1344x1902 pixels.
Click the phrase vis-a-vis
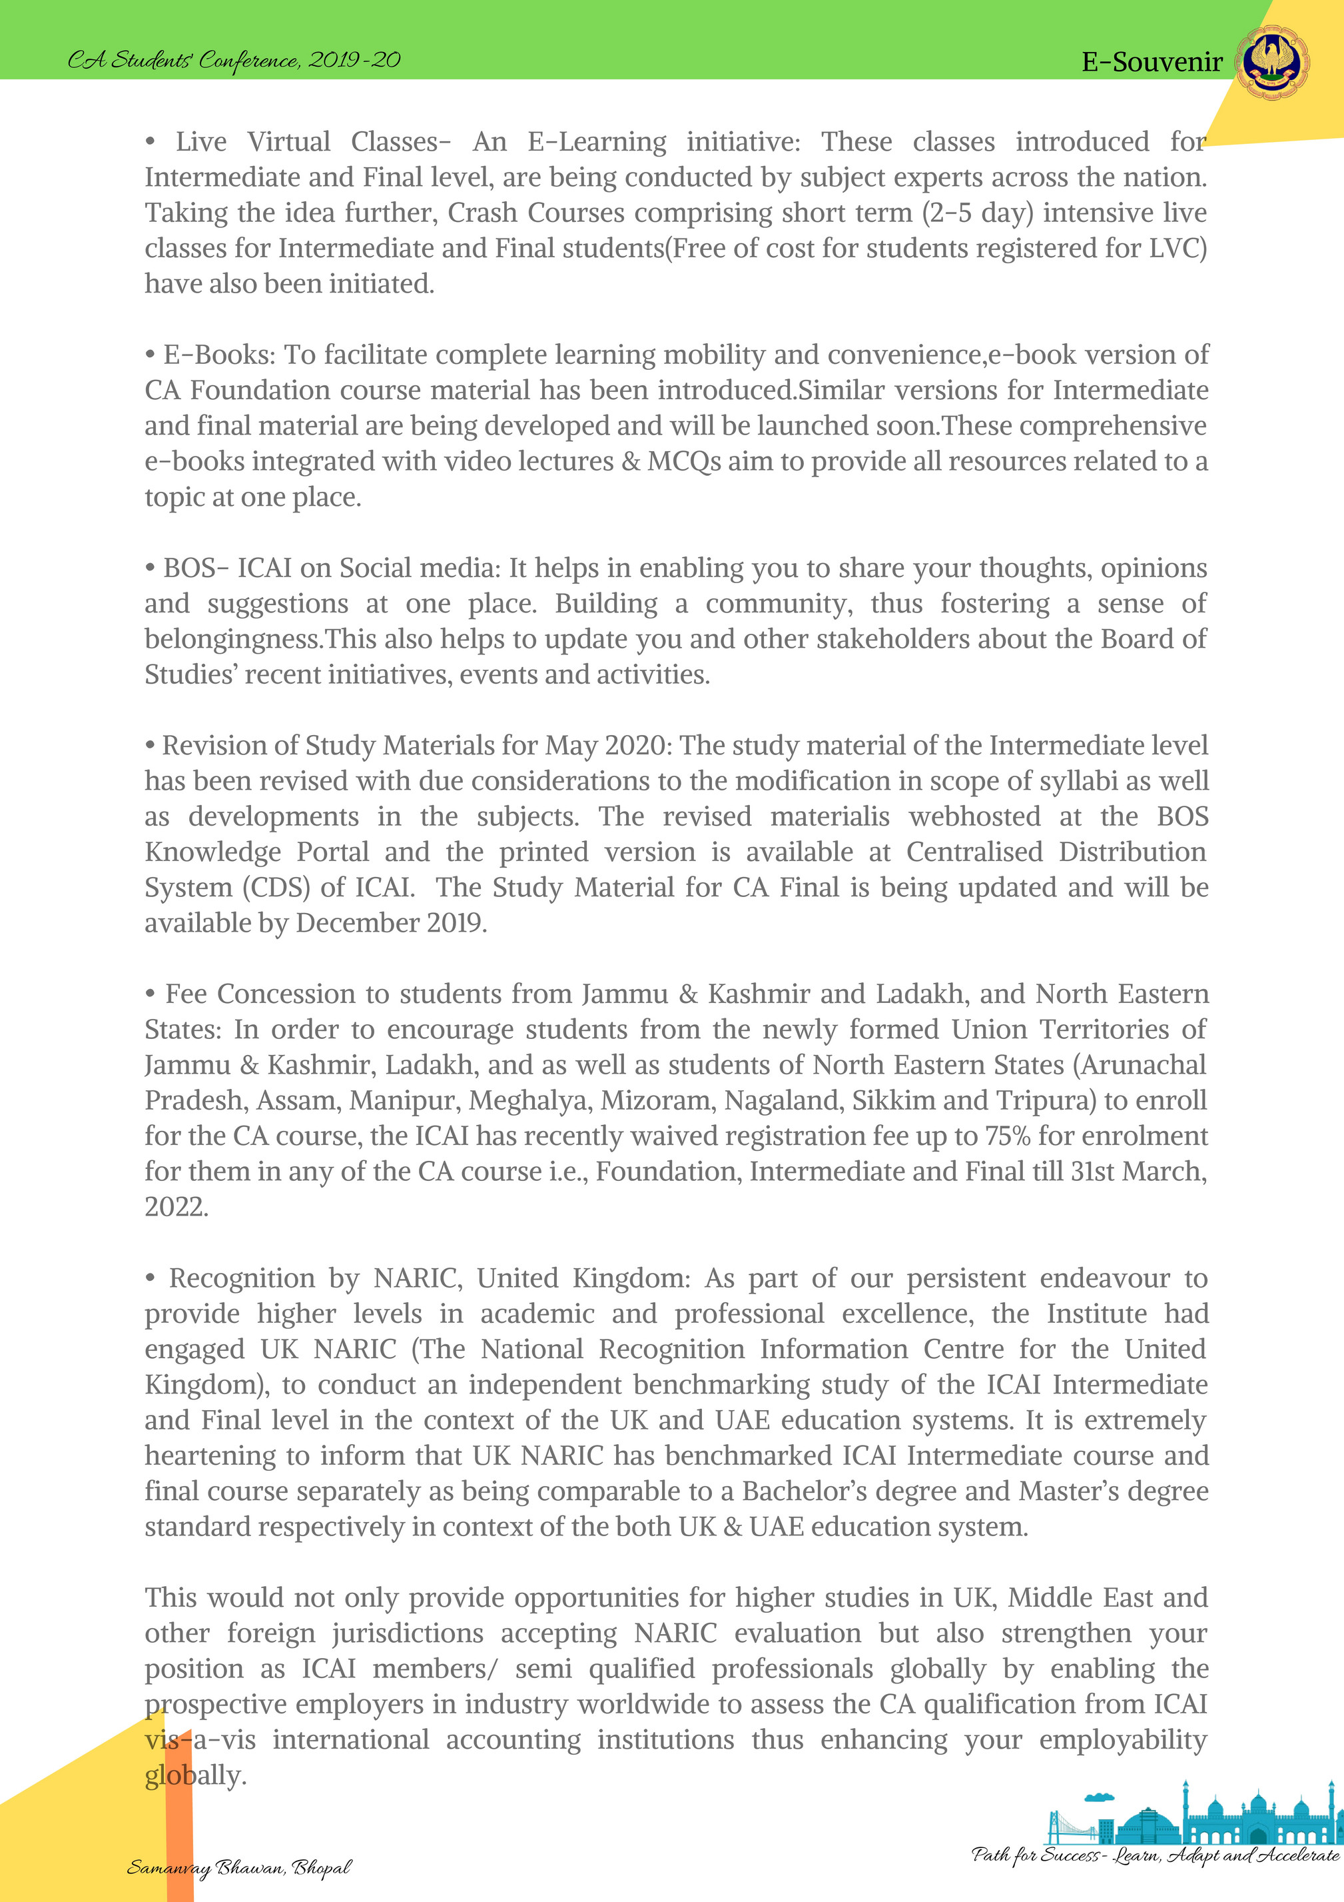coord(200,1739)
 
